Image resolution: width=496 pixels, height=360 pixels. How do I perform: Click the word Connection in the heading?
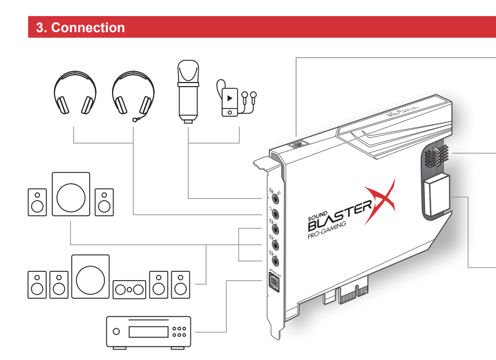coord(88,27)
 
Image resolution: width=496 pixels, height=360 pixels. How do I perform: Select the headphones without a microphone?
coord(75,93)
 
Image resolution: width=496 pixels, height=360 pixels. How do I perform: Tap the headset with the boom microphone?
coord(133,93)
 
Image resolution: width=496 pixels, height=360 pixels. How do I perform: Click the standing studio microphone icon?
coord(187,91)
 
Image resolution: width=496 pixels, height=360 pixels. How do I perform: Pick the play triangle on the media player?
coord(229,98)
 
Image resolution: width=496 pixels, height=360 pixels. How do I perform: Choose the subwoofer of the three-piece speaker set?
coord(71,194)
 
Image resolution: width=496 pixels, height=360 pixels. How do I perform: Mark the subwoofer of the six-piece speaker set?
coord(90,276)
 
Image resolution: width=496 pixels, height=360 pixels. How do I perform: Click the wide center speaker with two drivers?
coord(129,289)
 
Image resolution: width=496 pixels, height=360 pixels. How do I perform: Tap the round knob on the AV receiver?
coord(116,331)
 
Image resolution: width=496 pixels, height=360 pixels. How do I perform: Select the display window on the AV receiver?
coord(148,331)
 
